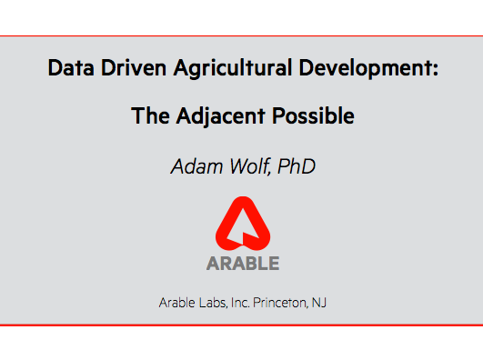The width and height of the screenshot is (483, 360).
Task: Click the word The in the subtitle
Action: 148,116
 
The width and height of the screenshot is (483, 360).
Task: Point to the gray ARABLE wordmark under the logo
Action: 242,264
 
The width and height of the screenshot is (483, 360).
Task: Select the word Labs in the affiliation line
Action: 215,302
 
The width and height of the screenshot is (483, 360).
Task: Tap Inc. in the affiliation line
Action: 242,302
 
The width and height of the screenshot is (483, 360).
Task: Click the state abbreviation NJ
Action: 319,302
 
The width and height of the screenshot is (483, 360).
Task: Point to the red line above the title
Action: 241,36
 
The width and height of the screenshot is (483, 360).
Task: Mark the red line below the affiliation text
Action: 241,324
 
